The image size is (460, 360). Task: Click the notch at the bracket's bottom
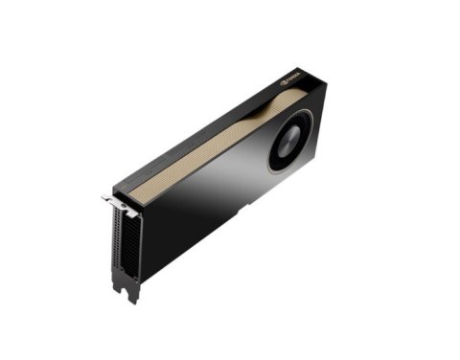click(128, 286)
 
